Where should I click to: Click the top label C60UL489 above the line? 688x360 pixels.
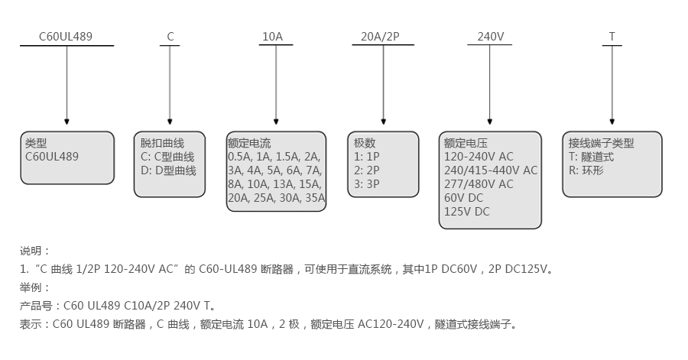(x=66, y=36)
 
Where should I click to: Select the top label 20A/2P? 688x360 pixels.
(x=381, y=36)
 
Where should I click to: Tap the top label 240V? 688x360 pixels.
(x=490, y=36)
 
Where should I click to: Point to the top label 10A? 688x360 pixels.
(x=272, y=36)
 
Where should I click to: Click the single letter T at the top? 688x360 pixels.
(x=612, y=36)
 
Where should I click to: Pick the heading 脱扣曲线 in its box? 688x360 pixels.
(x=162, y=143)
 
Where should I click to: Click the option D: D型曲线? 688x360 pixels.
(x=168, y=170)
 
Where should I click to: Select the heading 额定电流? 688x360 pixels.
(x=249, y=143)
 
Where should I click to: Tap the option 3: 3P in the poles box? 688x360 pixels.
(x=366, y=184)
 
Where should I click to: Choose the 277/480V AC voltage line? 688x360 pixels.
(x=479, y=184)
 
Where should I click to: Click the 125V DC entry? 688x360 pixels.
(x=466, y=212)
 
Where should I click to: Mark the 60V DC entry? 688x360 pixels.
(x=463, y=198)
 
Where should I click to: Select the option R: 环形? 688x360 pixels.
(x=586, y=170)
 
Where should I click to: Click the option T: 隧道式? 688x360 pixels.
(x=591, y=157)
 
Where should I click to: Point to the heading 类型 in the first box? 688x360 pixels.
(x=36, y=143)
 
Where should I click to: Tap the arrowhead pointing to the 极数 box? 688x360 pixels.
(x=382, y=122)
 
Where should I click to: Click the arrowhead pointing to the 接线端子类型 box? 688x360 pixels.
(x=612, y=122)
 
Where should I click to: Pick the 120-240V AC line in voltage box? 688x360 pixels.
(x=479, y=157)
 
